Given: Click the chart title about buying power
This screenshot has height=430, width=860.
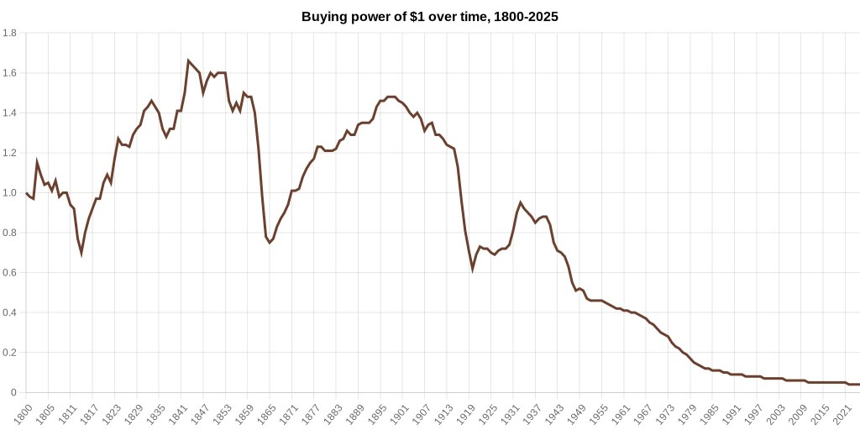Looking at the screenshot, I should (x=429, y=17).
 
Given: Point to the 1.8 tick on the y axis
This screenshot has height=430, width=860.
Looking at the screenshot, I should (x=10, y=34).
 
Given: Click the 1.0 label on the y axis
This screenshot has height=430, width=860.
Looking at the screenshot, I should (x=10, y=193).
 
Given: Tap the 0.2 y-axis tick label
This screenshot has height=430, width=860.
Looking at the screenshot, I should (x=10, y=353).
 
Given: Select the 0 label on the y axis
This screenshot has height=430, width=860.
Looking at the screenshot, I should (x=13, y=392).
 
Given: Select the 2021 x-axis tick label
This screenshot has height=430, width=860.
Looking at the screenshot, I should (x=842, y=413).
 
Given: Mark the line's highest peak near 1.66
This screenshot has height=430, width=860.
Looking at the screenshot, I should (x=188, y=60).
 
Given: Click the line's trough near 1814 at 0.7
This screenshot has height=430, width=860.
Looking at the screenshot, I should (x=81, y=253).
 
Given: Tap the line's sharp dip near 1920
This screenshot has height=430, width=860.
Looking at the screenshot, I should (x=472, y=269).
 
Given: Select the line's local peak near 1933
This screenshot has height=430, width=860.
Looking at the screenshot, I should (x=521, y=202).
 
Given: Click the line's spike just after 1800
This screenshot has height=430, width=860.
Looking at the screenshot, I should (x=37, y=161).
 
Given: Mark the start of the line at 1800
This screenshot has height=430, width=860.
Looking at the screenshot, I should (x=26, y=193).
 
